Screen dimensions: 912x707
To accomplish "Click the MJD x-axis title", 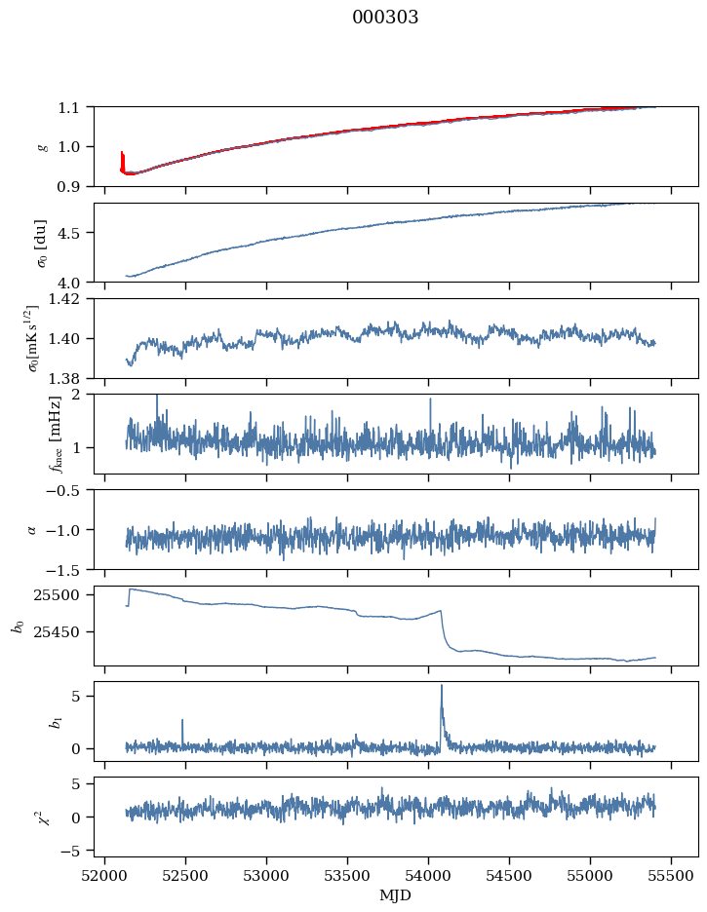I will click(x=396, y=895).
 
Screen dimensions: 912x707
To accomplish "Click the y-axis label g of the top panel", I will click(x=42, y=146).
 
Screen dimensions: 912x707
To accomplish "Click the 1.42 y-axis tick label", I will click(x=71, y=299).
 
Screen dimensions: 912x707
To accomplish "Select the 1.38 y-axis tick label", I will click(x=71, y=378).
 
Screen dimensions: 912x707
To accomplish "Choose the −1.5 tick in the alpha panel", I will click(x=68, y=569).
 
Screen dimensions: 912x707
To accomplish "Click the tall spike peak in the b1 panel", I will click(x=441, y=685).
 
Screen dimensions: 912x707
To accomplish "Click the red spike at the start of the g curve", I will click(x=122, y=154).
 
